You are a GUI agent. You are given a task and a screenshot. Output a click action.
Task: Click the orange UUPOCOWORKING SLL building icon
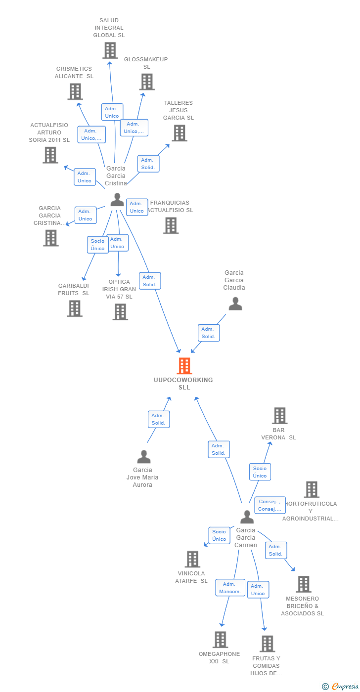pyautogui.click(x=184, y=366)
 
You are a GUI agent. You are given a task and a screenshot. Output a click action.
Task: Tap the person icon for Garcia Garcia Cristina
pyautogui.click(x=117, y=200)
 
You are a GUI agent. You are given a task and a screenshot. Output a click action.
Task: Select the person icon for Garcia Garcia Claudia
pyautogui.click(x=235, y=303)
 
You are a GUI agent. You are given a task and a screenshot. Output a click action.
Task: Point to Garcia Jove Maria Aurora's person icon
pyautogui.click(x=144, y=457)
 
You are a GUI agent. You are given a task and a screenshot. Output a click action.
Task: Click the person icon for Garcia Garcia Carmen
pyautogui.click(x=247, y=517)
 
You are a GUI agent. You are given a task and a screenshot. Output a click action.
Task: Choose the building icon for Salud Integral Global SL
pyautogui.click(x=110, y=50)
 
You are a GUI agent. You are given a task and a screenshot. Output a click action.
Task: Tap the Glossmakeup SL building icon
pyautogui.click(x=147, y=82)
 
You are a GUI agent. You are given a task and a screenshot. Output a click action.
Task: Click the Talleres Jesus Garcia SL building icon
pyautogui.click(x=179, y=133)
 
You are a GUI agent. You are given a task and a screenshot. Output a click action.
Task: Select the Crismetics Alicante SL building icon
pyautogui.click(x=75, y=91)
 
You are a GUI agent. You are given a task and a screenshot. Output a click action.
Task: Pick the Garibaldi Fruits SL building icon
pyautogui.click(x=75, y=308)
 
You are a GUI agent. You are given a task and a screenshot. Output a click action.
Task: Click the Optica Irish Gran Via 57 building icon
pyautogui.click(x=120, y=312)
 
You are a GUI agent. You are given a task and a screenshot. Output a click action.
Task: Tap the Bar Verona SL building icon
pyautogui.click(x=280, y=416)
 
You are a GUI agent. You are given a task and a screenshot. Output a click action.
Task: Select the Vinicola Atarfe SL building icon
pyautogui.click(x=192, y=559)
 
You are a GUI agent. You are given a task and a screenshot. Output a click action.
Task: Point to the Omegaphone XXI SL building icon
pyautogui.click(x=220, y=640)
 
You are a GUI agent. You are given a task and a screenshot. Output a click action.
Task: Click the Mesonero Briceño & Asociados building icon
pyautogui.click(x=304, y=584)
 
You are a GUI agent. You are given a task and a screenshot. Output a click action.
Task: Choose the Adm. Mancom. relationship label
pyautogui.click(x=230, y=588)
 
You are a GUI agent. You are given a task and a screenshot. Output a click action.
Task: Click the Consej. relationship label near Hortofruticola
pyautogui.click(x=270, y=505)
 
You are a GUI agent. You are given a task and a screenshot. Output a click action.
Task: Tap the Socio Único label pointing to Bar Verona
pyautogui.click(x=260, y=472)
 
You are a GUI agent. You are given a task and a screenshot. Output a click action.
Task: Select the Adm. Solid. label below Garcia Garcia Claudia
pyautogui.click(x=208, y=333)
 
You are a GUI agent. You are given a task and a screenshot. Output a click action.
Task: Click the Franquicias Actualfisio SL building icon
pyautogui.click(x=171, y=225)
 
